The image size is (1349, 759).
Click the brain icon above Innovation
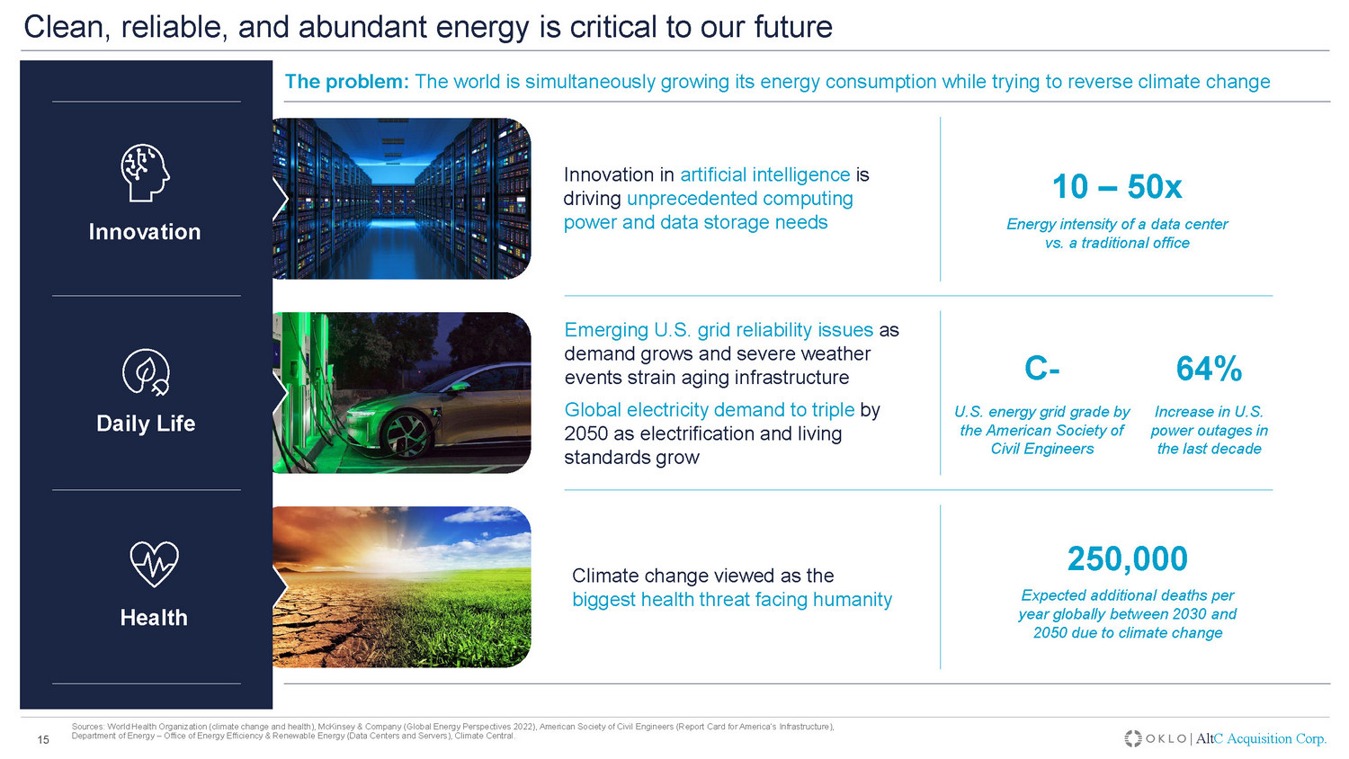145,173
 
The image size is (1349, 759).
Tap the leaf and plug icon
146,372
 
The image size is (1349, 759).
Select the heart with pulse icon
154,564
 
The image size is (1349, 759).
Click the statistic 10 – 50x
1117,187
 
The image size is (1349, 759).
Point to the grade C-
1041,368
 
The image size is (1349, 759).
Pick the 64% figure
1209,368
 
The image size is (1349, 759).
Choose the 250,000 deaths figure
1128,558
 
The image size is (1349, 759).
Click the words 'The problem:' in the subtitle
346,81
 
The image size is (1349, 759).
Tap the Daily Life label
146,424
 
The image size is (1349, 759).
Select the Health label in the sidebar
154,618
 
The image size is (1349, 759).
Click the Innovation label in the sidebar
145,232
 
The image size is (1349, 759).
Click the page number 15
43,740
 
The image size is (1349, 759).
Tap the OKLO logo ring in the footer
1133,738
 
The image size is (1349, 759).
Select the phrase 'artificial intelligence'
764,174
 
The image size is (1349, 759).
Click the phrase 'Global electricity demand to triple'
710,409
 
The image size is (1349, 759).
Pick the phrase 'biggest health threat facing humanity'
732,599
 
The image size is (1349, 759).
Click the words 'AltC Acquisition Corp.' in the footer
1261,738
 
